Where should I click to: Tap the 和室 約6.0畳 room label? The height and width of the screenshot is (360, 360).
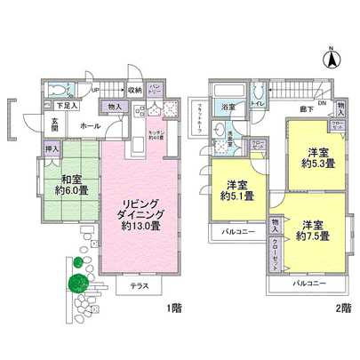point(71,182)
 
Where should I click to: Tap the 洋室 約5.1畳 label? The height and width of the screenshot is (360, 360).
point(236,190)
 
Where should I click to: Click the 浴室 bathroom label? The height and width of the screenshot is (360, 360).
point(228,108)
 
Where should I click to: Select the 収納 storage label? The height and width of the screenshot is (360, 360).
point(133,90)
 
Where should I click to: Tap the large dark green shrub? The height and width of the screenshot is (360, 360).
point(77,283)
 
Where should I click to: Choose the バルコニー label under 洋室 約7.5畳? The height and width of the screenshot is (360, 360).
point(310,284)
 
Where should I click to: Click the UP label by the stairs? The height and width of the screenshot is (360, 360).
point(94,90)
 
